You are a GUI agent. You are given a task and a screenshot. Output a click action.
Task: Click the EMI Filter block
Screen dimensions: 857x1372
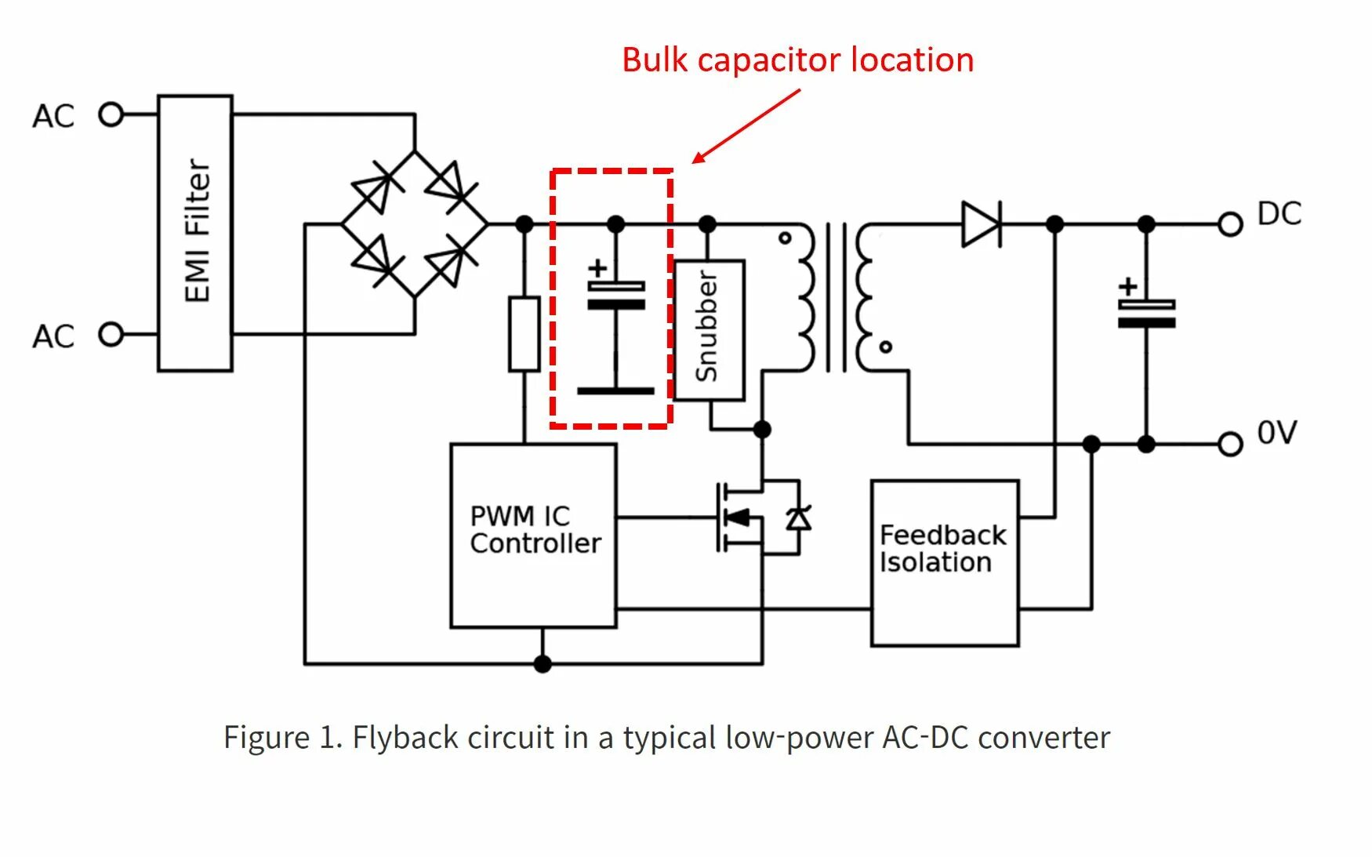[x=195, y=233]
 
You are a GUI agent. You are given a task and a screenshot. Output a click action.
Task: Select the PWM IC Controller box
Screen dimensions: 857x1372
[x=534, y=536]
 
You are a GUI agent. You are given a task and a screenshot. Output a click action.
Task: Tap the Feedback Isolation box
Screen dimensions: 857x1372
[x=944, y=562]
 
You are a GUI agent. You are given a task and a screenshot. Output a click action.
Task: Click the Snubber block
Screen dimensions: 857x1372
[x=709, y=329]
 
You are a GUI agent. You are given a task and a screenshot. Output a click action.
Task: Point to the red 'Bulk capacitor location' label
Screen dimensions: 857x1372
[x=797, y=60]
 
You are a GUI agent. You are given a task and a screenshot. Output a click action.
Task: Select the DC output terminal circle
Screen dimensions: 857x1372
[x=1230, y=224]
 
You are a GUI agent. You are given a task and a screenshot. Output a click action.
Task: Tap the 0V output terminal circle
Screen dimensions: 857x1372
[x=1230, y=445]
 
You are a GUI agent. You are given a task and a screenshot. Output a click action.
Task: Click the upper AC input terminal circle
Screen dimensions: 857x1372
[x=111, y=115]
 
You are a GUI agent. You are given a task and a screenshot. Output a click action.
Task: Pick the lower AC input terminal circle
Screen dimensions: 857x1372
[x=111, y=335]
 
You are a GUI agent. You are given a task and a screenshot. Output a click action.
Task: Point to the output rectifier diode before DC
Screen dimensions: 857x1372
[x=981, y=224]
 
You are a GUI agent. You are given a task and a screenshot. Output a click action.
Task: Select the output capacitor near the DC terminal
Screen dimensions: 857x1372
[x=1146, y=313]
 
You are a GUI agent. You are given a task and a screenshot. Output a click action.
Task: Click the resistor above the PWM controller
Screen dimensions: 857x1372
[x=524, y=334]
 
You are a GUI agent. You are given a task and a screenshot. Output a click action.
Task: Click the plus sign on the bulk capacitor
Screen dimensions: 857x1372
[x=597, y=268]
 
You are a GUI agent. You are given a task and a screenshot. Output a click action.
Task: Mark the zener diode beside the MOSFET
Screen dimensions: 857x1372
[x=798, y=518]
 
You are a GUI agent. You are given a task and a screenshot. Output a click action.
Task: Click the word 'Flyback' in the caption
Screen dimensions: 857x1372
[x=405, y=738]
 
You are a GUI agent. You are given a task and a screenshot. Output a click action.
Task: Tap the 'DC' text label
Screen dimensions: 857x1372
[x=1279, y=214]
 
